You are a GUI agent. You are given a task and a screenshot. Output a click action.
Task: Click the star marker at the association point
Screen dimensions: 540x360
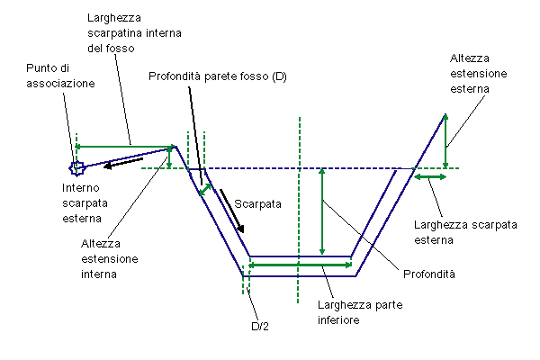77,168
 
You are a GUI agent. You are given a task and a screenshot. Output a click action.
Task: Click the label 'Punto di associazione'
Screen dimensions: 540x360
60,76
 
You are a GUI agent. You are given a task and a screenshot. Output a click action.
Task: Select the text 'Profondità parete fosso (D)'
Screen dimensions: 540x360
218,76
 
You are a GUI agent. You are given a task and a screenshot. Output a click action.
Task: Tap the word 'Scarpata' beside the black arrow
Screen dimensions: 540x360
257,204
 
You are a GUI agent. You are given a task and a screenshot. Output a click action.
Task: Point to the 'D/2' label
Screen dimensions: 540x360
260,326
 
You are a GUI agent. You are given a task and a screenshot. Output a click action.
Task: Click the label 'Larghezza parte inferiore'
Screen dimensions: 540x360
360,312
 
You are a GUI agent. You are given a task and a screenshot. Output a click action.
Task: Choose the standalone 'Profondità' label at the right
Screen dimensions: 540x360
429,274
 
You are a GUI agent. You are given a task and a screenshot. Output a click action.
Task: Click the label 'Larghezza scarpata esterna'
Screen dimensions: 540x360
465,232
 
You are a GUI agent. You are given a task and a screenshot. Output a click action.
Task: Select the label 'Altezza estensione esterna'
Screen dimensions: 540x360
479,74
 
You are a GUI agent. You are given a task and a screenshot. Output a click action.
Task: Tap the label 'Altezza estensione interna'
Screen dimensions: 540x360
110,259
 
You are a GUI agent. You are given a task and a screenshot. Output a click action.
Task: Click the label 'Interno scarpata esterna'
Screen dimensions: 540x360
85,202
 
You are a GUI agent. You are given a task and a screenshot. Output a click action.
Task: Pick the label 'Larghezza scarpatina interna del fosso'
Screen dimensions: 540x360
134,33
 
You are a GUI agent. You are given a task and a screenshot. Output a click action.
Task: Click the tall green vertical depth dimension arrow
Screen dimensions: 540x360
322,211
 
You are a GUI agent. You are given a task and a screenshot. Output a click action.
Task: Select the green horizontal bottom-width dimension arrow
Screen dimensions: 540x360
301,265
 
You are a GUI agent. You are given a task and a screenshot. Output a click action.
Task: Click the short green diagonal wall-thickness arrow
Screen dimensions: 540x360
205,190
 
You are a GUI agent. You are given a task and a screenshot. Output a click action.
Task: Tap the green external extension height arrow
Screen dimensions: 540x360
445,141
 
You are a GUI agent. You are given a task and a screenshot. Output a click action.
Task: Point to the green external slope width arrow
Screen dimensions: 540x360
430,176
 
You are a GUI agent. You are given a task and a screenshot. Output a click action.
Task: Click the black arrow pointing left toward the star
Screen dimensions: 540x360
123,163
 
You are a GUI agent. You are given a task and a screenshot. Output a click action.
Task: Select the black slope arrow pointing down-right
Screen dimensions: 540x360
232,211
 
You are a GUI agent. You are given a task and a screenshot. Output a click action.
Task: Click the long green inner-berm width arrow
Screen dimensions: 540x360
123,147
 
